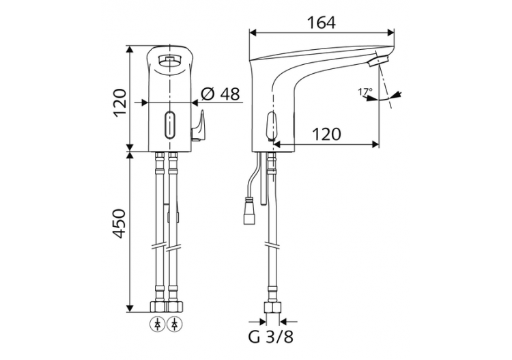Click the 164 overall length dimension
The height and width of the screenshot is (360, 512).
(x=321, y=23)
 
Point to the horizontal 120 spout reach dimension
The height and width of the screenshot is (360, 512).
(x=326, y=134)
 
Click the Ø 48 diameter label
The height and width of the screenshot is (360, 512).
(x=221, y=94)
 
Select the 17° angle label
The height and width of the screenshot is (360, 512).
(x=365, y=91)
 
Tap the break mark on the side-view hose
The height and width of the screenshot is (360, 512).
(x=273, y=245)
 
